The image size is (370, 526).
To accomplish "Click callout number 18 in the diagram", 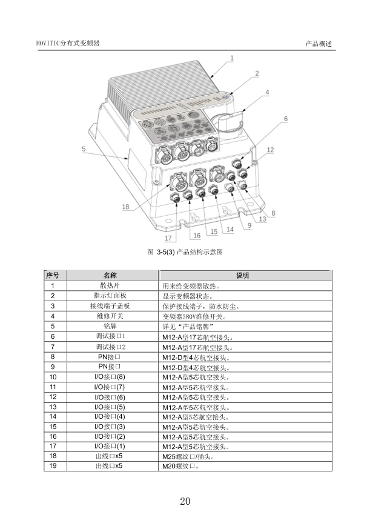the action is coord(126,207).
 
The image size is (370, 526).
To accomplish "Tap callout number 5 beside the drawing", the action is coord(84,149).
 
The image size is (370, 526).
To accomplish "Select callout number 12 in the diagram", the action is coord(270,150).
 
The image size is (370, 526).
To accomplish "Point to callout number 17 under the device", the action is coord(168,238).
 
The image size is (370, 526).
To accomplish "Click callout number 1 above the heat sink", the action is coord(231,58).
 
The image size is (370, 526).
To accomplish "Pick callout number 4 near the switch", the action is coord(267,92).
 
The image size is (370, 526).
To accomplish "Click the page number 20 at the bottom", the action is coord(185,501).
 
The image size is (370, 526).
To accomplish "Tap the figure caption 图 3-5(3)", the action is coord(185,252).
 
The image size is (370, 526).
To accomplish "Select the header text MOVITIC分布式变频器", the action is coord(68,43).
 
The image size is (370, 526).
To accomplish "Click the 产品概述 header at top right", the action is coord(319,44).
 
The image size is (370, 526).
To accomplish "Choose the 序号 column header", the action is coord(53,275).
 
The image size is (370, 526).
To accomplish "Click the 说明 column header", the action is coord(242,275).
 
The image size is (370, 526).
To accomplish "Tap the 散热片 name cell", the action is coord(110,285).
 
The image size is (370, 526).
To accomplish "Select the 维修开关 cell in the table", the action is coord(110,316).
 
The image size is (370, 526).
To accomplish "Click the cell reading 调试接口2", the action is coord(111,347).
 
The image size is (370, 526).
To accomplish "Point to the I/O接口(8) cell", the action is coord(110,377).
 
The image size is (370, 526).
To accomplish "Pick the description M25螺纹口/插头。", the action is coord(188,456).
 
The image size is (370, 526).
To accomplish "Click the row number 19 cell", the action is coord(53,465).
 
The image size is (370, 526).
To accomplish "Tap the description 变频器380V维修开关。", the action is coord(194,316).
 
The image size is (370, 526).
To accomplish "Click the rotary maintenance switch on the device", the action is coord(228,122).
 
